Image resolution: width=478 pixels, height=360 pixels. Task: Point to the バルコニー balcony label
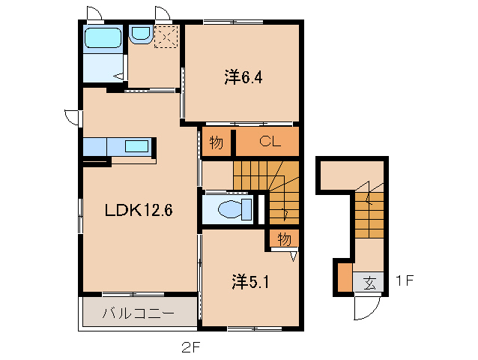139,312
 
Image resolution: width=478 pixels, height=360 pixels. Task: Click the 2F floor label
190,346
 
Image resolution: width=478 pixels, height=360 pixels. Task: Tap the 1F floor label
405,282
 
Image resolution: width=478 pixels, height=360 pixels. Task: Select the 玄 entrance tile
369,283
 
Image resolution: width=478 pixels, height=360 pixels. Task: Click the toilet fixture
229,208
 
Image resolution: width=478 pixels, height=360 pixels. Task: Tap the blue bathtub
103,38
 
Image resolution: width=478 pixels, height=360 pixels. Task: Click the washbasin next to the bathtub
140,34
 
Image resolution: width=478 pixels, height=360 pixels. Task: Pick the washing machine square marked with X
166,37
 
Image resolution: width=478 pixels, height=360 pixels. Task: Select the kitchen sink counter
120,145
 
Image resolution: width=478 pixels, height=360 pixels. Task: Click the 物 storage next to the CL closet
216,142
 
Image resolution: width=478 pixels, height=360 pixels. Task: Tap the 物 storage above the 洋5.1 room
284,238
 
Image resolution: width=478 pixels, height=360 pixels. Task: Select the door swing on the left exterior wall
72,117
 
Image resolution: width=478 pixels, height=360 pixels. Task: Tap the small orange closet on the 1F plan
343,277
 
